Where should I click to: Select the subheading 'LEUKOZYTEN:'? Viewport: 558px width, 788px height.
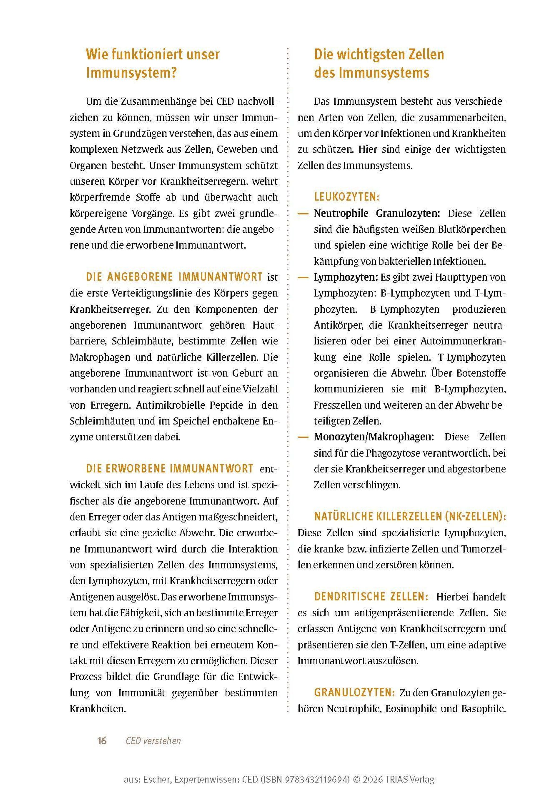click(347, 197)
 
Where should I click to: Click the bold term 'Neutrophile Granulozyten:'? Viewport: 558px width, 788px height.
click(377, 214)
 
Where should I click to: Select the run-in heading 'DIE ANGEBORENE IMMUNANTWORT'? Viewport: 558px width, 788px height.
click(174, 277)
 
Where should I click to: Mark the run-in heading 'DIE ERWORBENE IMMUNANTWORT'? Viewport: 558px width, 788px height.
click(170, 469)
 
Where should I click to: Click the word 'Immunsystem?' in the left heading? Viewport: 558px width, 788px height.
click(131, 73)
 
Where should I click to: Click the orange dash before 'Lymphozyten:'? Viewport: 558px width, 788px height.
click(303, 277)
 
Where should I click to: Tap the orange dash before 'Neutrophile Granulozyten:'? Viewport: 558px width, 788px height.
click(303, 214)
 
